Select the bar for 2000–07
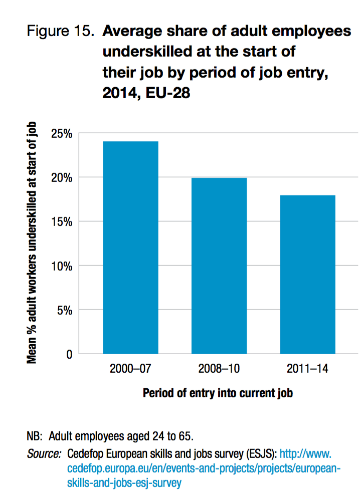[130, 248]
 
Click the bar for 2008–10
[219, 266]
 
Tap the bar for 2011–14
[307, 275]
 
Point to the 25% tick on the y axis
[62, 134]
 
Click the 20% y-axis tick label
[62, 178]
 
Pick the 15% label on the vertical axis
[62, 221]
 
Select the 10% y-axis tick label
[62, 266]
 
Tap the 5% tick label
[64, 310]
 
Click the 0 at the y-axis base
[69, 354]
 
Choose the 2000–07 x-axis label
[130, 370]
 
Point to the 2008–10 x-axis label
[219, 370]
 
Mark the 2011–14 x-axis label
[307, 370]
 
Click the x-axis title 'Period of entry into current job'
[218, 393]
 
